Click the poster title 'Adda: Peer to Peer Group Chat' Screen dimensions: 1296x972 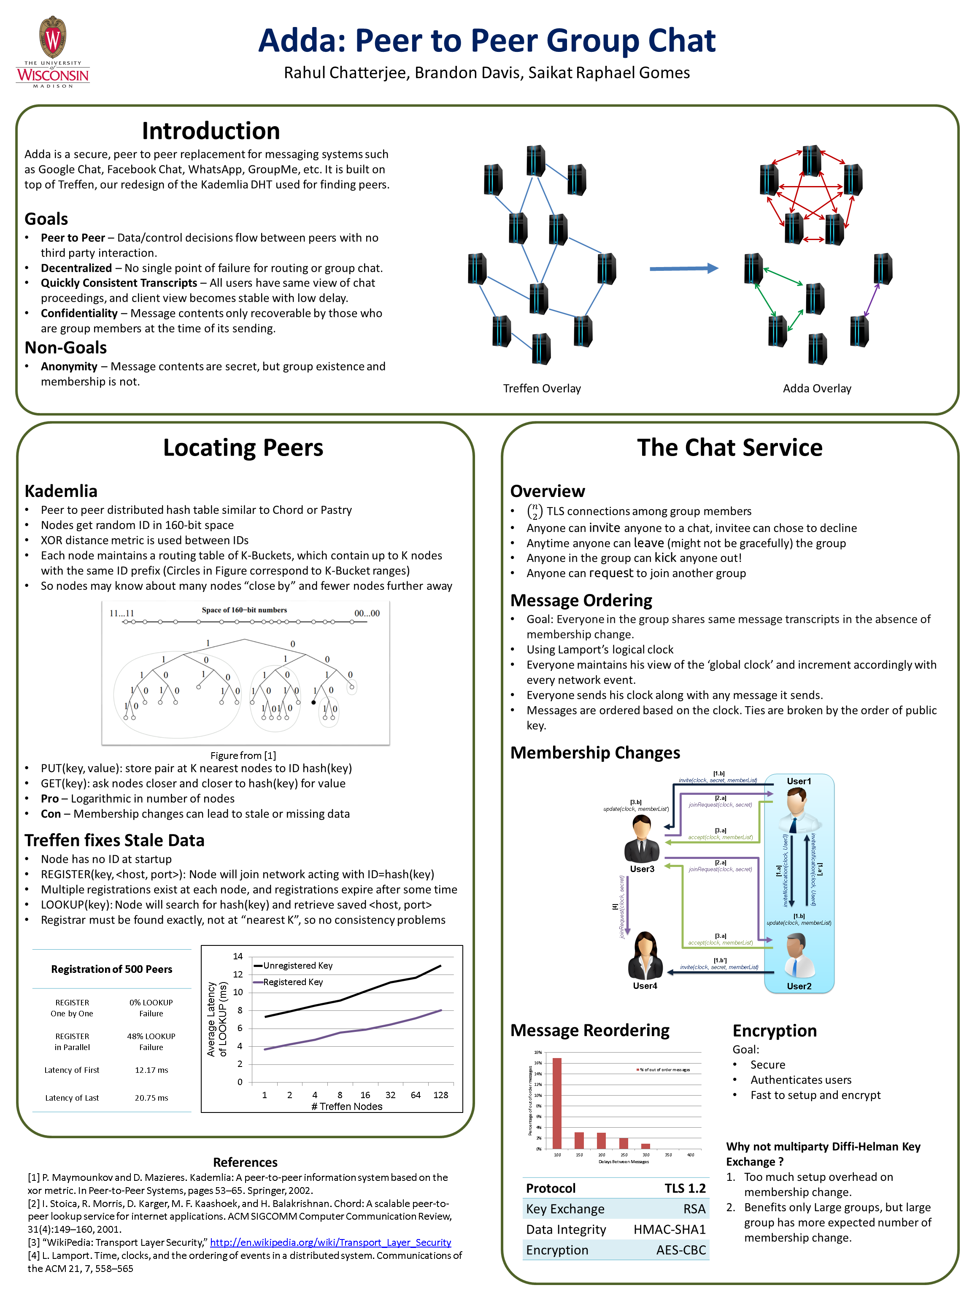coord(486,41)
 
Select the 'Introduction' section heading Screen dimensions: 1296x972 coord(211,131)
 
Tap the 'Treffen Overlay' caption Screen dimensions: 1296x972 coord(542,389)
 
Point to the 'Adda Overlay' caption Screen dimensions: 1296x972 coord(817,389)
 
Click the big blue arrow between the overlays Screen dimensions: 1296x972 coord(683,268)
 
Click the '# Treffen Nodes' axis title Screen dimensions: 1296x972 coord(347,1106)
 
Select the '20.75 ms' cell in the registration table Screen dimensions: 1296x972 coord(151,1098)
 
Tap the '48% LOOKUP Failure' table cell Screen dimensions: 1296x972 coord(151,1042)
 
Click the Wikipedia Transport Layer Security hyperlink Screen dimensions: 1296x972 coord(330,1242)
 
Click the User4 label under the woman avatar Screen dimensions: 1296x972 coord(645,986)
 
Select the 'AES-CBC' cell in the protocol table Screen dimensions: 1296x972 coord(681,1250)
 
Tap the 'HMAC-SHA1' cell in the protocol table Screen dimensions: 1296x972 coord(669,1229)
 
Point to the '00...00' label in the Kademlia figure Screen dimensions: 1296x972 coord(367,613)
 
